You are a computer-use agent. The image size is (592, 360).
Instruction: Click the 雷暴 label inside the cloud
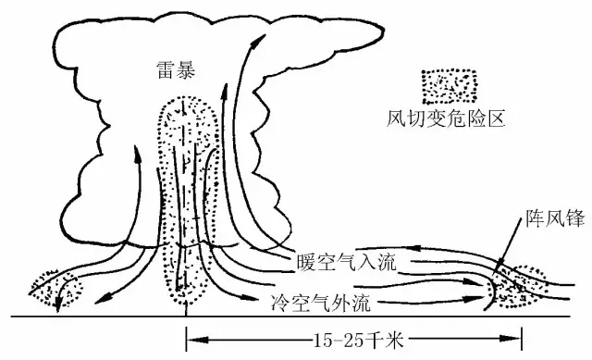[x=177, y=69]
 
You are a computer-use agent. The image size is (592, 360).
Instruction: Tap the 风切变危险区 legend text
[x=446, y=119]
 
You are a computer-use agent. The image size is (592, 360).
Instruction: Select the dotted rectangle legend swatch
[x=449, y=86]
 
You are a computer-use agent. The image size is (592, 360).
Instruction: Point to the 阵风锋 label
[x=555, y=218]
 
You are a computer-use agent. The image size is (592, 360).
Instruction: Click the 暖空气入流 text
[x=347, y=262]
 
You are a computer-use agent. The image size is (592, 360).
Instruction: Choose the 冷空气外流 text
[x=321, y=303]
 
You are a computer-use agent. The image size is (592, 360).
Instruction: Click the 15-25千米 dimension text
[x=359, y=341]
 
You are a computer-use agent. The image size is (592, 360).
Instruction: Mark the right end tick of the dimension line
[x=522, y=339]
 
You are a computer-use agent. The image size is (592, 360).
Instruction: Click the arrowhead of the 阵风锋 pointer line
[x=499, y=266]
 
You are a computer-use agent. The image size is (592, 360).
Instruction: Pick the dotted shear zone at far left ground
[x=55, y=289]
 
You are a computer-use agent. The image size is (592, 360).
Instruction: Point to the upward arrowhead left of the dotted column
[x=137, y=155]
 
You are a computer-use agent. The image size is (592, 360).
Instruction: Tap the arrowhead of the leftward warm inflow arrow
[x=416, y=248]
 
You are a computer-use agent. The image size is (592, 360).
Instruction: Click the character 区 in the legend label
[x=496, y=119]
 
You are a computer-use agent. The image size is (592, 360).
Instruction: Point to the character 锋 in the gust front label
[x=575, y=218]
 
